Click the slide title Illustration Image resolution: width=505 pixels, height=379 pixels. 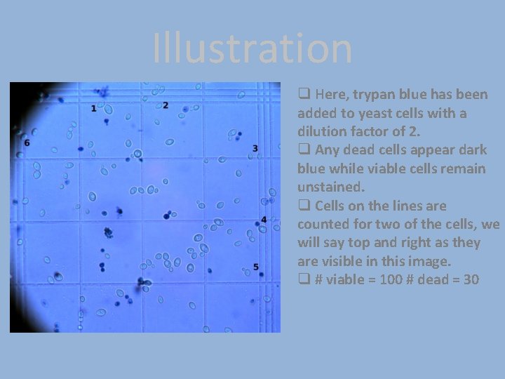click(x=252, y=49)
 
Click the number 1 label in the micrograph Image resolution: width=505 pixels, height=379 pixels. click(x=94, y=108)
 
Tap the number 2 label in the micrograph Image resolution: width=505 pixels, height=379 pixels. click(x=166, y=105)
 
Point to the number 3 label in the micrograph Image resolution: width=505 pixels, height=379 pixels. click(x=255, y=148)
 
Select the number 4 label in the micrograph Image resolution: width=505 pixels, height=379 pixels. click(x=263, y=220)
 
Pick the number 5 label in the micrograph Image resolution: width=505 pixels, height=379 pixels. click(x=256, y=267)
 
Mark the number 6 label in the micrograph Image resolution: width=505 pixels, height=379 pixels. click(x=27, y=142)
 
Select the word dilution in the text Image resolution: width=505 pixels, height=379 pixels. click(x=323, y=131)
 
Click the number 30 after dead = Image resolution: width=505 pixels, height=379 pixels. click(x=471, y=279)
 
